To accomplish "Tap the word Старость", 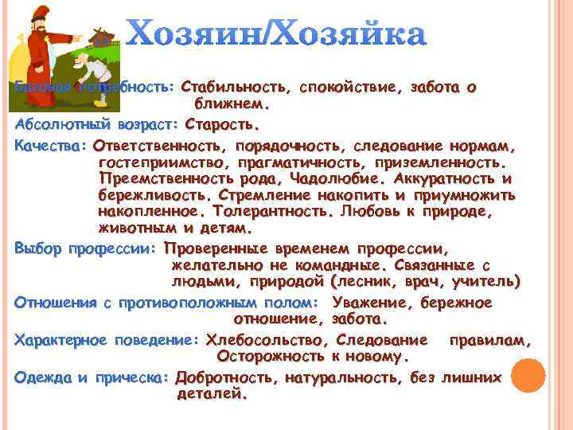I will click(222, 125).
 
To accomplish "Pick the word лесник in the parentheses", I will click(368, 281).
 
